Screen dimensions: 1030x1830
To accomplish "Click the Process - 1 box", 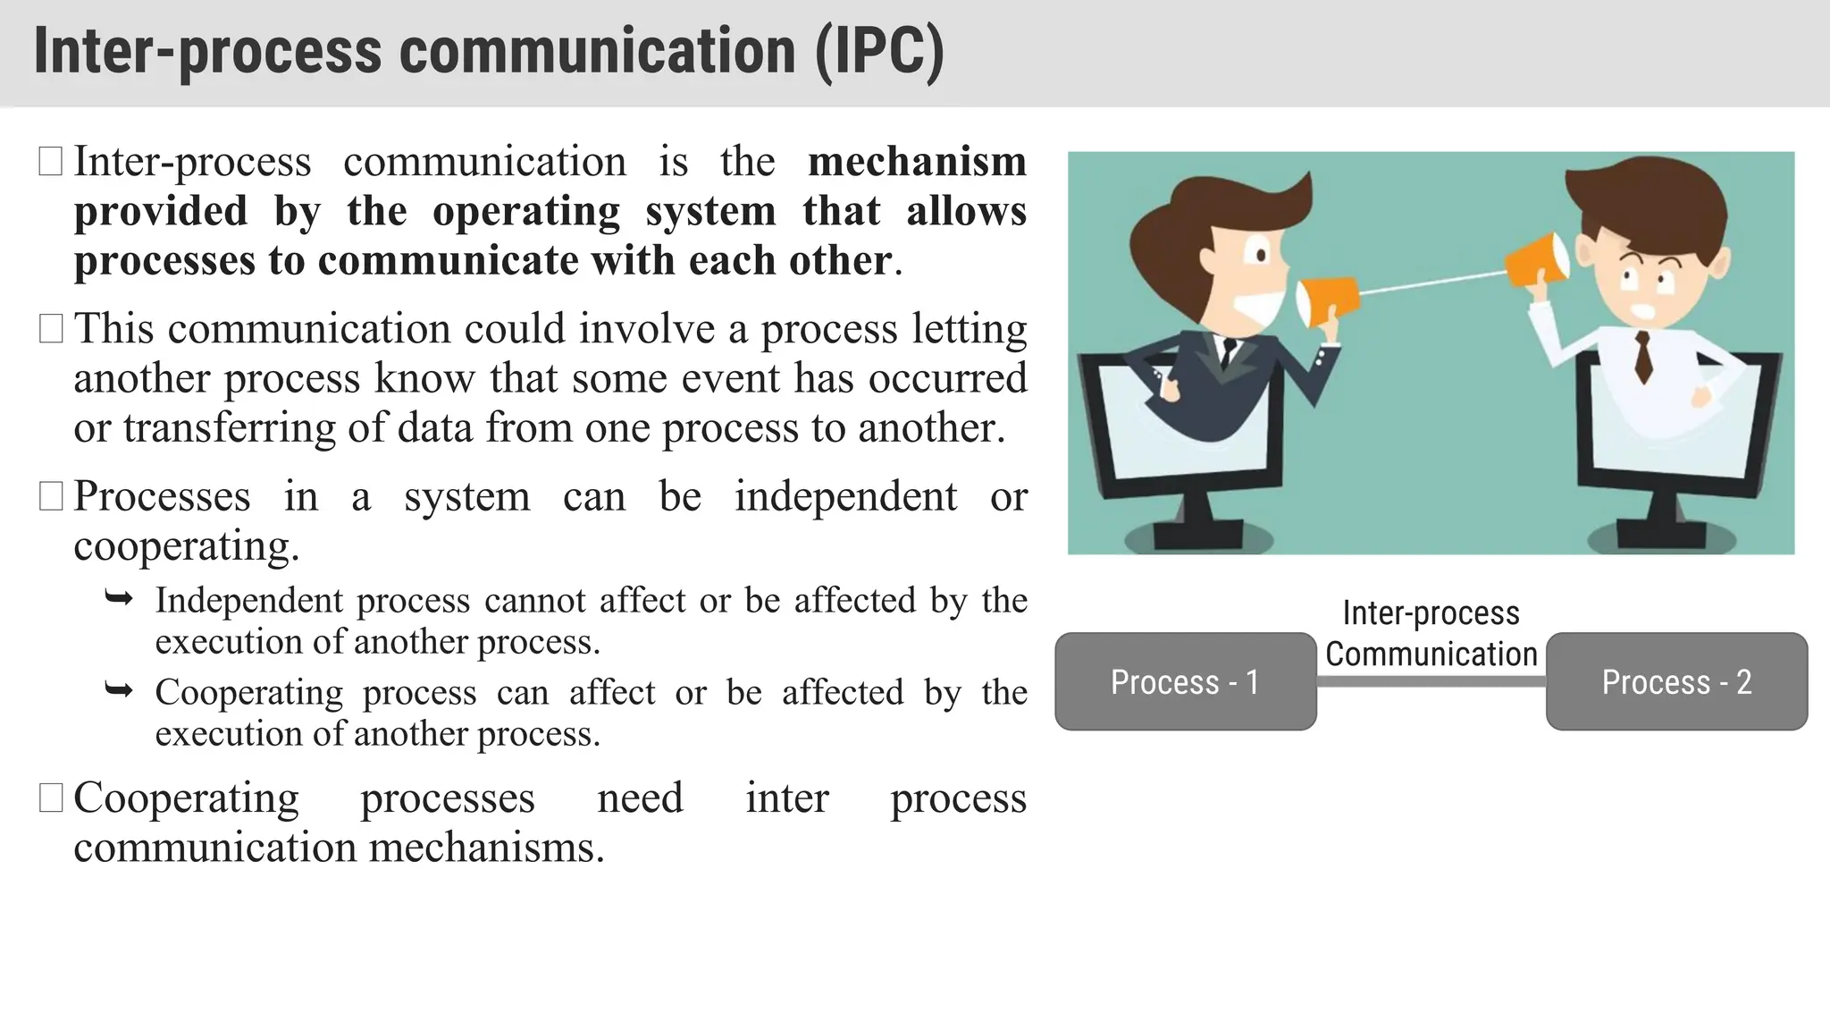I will tap(1185, 681).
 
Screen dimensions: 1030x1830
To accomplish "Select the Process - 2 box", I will tap(1676, 681).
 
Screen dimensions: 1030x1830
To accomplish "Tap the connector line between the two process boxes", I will tap(1431, 681).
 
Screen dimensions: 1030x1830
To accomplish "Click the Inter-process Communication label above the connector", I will tap(1431, 634).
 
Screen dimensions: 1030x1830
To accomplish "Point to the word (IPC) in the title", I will tap(879, 51).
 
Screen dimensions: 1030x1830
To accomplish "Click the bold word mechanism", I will tap(917, 162).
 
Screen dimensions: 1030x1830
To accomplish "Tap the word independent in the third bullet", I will tap(845, 497).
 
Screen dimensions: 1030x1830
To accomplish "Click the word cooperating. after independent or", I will tap(186, 546).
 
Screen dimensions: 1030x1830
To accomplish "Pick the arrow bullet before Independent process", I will tap(119, 598).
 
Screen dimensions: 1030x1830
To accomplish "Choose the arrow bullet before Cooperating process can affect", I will tap(119, 690).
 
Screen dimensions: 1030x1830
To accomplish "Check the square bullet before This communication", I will tap(51, 328).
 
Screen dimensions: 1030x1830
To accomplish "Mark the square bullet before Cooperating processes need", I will tap(51, 798).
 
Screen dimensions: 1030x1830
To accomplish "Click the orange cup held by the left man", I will tap(1326, 300).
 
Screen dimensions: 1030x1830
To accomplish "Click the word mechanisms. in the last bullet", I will tap(487, 848).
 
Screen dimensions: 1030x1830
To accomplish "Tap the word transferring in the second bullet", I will tap(229, 428).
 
